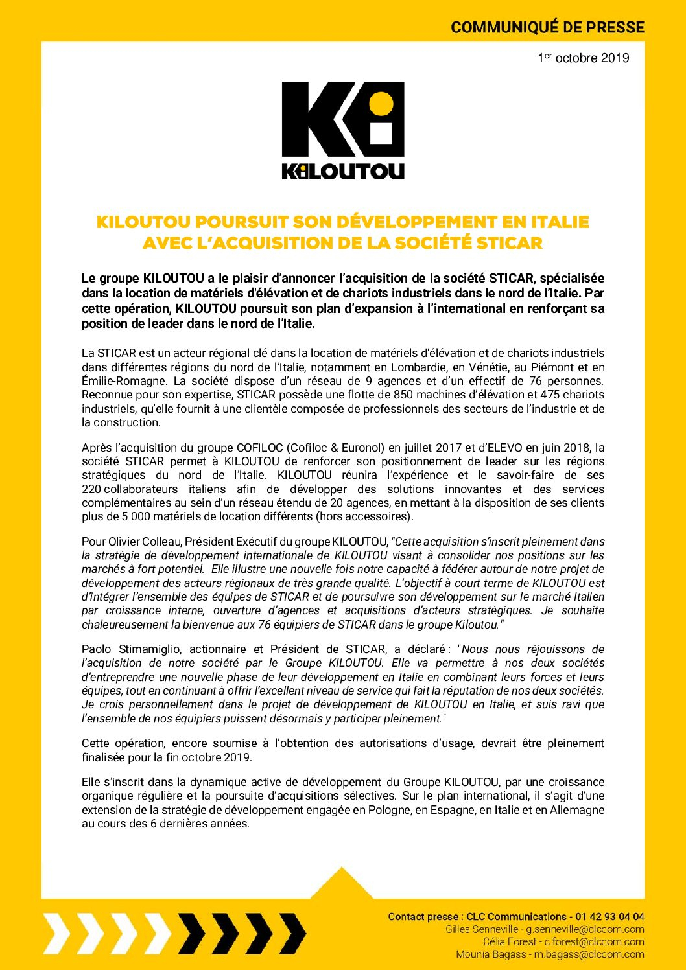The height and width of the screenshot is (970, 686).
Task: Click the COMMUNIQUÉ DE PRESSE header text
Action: [x=547, y=27]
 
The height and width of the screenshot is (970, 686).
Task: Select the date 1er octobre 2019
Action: [x=583, y=58]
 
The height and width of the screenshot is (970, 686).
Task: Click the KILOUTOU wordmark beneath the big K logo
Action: [x=343, y=171]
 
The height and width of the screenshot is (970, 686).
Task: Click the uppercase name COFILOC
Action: [x=260, y=448]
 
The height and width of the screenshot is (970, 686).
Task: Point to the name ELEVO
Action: [x=503, y=448]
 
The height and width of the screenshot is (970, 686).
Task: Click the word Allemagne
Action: [x=578, y=810]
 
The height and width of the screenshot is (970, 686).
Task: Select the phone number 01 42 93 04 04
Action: [x=608, y=916]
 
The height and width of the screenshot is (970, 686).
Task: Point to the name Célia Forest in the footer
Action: [x=510, y=941]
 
